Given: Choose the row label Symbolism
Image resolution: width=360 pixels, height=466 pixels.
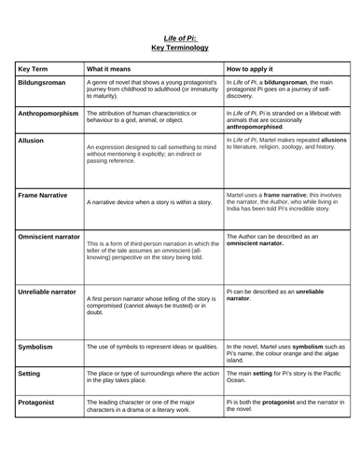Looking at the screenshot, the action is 37,347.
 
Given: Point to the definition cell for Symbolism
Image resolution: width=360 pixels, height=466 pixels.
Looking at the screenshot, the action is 151,347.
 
